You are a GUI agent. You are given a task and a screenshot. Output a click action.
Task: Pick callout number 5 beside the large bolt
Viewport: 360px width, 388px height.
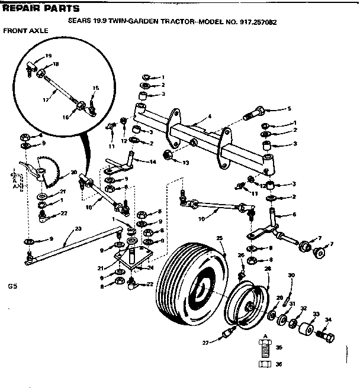click(x=290, y=109)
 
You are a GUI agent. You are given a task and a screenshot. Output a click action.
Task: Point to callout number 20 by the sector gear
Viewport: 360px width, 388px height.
click(x=73, y=173)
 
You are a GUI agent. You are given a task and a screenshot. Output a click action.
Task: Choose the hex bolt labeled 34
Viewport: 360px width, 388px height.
click(x=324, y=338)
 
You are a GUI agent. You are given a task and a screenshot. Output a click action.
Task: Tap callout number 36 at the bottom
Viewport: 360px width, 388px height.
click(x=279, y=364)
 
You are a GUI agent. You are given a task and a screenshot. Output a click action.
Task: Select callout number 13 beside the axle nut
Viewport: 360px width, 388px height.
click(x=185, y=162)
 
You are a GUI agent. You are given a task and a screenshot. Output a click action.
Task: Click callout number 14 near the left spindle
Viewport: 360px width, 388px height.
click(x=153, y=161)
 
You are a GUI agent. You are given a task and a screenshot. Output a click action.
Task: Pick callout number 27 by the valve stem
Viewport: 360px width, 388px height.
click(x=205, y=341)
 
